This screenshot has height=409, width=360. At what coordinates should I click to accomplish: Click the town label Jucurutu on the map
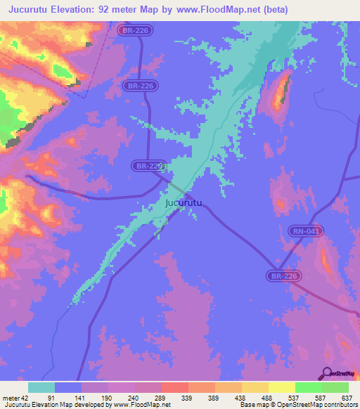click(x=183, y=203)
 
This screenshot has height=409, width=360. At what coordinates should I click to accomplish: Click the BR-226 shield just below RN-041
click(x=284, y=276)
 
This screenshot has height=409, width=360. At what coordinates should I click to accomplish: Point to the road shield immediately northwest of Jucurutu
click(x=148, y=166)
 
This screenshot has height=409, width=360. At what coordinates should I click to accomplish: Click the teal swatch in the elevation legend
click(x=41, y=387)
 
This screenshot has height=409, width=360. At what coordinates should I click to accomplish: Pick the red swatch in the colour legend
click(x=175, y=387)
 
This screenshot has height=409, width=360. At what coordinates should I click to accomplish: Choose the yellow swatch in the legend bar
click(x=282, y=387)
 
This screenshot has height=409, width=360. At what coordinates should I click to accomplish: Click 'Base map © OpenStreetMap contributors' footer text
click(x=297, y=405)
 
